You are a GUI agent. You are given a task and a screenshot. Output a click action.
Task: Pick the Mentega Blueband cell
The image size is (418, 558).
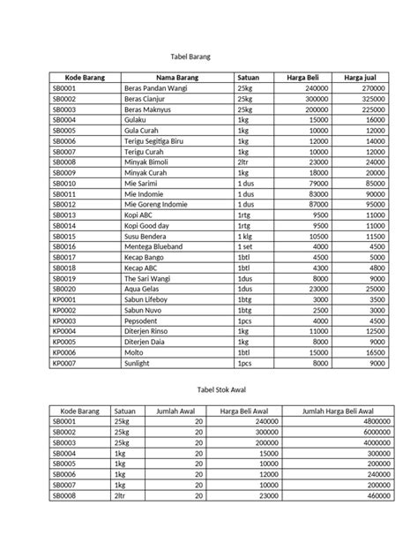tap(159, 248)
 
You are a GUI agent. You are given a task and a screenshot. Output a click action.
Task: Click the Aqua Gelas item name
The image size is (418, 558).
tap(146, 289)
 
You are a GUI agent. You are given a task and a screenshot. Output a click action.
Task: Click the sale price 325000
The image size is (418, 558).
tap(374, 100)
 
